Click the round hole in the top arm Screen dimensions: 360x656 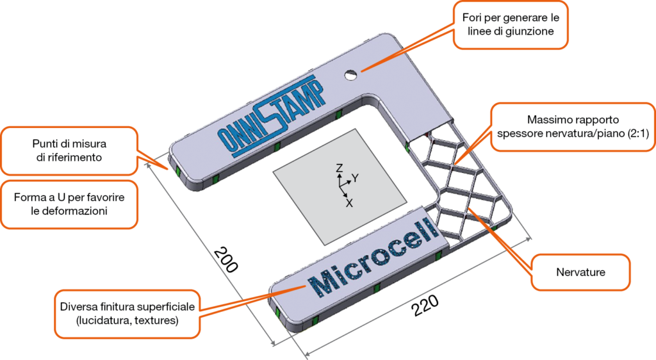tap(350, 75)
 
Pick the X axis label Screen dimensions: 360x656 tap(349, 203)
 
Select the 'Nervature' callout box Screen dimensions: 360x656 tap(581, 272)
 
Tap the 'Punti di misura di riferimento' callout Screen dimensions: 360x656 tap(69, 149)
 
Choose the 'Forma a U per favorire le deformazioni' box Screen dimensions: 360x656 tap(69, 204)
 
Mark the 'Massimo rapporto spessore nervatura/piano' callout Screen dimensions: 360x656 tap(571, 126)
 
